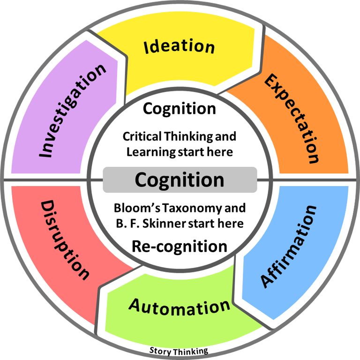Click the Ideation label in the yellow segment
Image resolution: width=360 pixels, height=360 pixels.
180,46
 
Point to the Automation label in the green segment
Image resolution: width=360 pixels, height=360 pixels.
180,307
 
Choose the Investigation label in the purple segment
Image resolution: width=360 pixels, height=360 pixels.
72,111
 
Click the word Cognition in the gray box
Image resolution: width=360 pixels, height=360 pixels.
180,180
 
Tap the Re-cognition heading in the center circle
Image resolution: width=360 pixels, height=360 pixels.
180,246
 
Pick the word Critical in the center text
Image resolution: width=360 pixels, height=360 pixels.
141,136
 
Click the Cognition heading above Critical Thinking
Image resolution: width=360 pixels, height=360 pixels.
180,108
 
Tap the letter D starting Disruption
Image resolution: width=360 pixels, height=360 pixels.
47,207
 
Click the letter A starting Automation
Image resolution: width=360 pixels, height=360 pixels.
135,305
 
